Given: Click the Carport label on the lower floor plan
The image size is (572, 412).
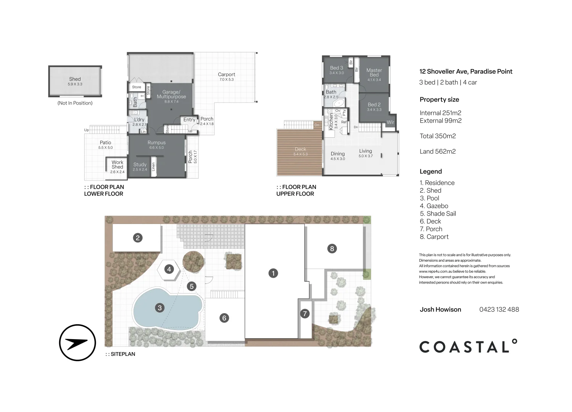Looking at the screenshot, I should pyautogui.click(x=226, y=75).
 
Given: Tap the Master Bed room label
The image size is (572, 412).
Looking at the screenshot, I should pyautogui.click(x=374, y=72).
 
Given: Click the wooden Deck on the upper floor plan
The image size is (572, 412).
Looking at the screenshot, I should pyautogui.click(x=300, y=151).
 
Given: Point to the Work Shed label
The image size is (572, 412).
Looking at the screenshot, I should pyautogui.click(x=117, y=165).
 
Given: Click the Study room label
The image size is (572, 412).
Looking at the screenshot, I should pyautogui.click(x=140, y=165).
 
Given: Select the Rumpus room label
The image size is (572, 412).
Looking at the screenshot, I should pyautogui.click(x=156, y=143).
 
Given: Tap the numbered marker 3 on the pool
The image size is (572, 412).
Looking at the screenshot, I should pyautogui.click(x=160, y=307).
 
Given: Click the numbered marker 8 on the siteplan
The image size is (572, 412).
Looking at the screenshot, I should pyautogui.click(x=332, y=249).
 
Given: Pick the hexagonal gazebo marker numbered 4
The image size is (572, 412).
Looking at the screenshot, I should pyautogui.click(x=169, y=269).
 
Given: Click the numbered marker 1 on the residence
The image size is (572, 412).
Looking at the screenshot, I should pyautogui.click(x=273, y=273).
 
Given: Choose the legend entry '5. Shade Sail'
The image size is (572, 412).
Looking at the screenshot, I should pyautogui.click(x=438, y=214).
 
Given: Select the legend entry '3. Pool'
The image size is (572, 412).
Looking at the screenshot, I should pyautogui.click(x=429, y=198).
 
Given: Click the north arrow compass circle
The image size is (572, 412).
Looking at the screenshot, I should pyautogui.click(x=77, y=343).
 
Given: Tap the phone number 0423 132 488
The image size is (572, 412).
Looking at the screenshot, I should pyautogui.click(x=499, y=309).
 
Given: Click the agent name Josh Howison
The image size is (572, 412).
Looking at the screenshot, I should pyautogui.click(x=440, y=309).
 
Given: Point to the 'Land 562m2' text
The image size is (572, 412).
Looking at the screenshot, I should pyautogui.click(x=438, y=151).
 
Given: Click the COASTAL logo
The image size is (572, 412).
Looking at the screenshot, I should pyautogui.click(x=468, y=346).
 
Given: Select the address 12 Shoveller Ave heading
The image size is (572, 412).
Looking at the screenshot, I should pyautogui.click(x=466, y=71).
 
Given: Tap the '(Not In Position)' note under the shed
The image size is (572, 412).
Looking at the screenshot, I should pyautogui.click(x=75, y=103).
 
